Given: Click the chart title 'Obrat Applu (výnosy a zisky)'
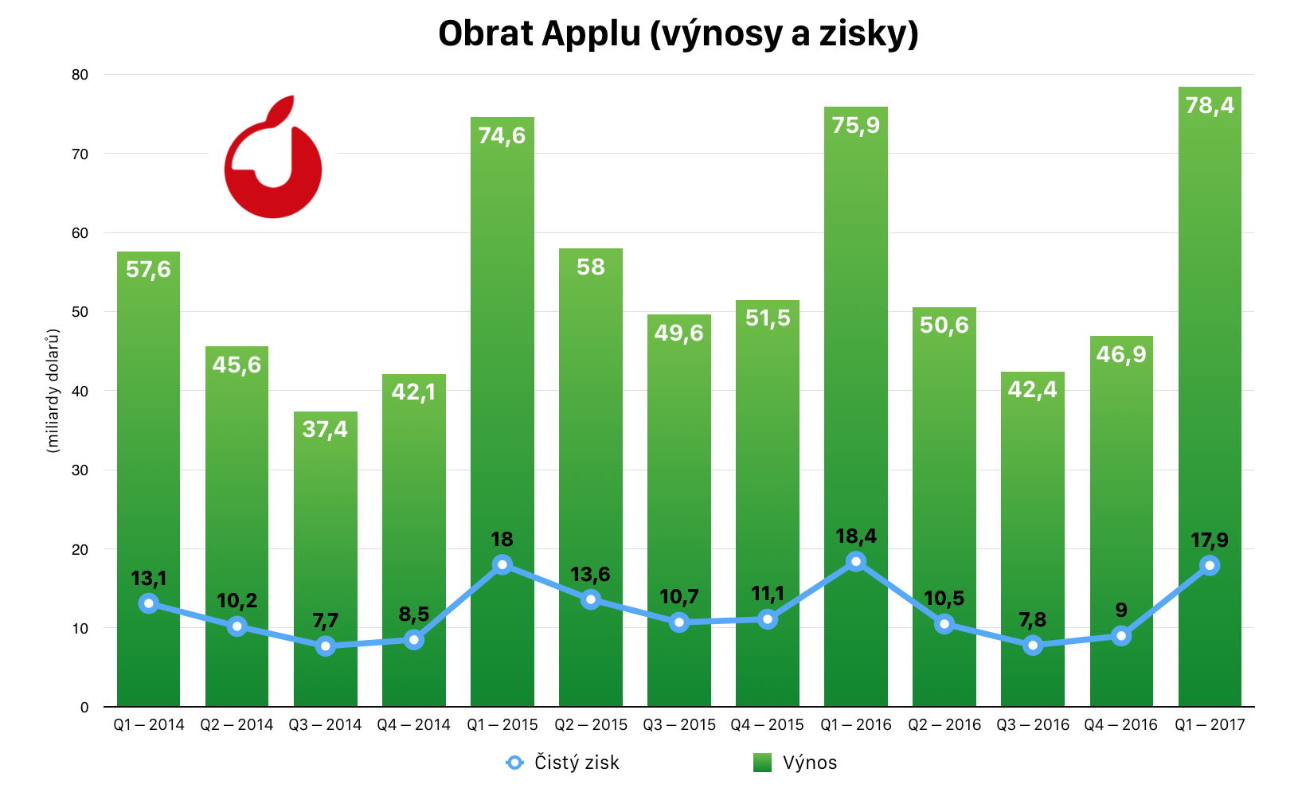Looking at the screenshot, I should (678, 34).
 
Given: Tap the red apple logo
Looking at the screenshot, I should (272, 159).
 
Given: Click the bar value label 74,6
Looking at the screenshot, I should (502, 136).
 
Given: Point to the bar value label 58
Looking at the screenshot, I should (591, 267).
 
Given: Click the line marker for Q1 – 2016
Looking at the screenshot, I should (856, 562).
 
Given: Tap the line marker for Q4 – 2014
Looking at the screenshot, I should (413, 640).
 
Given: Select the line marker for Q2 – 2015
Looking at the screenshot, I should (591, 599).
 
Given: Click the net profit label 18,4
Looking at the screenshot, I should (856, 536).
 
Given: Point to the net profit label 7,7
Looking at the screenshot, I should (325, 621).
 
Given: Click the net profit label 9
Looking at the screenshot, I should (1121, 611).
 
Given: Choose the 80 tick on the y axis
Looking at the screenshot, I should (80, 75).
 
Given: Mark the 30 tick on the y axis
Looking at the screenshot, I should (80, 470).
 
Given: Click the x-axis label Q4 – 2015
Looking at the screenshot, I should (768, 725).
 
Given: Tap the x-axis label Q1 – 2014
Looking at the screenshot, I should (149, 725).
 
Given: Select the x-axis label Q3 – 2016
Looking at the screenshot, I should (1033, 725).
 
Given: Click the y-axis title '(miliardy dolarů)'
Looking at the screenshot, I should (53, 390).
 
